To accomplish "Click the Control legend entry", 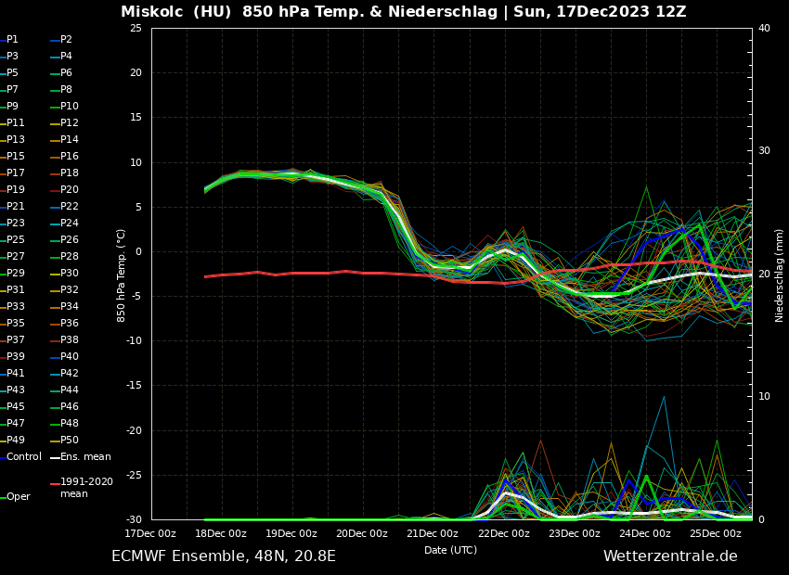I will click(24, 457).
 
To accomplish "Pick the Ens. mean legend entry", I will click(85, 457).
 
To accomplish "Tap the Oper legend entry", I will click(19, 497).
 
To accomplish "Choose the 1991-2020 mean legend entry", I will click(86, 488).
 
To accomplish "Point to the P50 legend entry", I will click(70, 441).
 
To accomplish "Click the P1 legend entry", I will click(13, 40).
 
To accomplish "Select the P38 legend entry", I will click(70, 340).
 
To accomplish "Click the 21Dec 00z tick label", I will click(433, 533).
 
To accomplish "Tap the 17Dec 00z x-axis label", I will click(150, 533).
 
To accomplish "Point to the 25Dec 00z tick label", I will click(715, 533).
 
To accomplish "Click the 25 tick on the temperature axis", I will click(136, 28).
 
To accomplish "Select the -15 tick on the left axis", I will click(134, 386).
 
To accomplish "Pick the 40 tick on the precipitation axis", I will click(764, 28).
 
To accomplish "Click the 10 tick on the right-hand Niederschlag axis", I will click(764, 397).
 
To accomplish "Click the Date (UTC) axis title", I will click(450, 550).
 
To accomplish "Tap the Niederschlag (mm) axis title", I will click(780, 275).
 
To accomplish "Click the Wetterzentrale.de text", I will click(670, 556).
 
